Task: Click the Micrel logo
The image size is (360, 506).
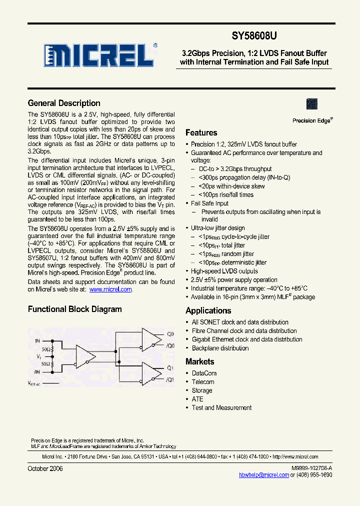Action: [98, 55]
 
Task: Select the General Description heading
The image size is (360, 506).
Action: [64, 103]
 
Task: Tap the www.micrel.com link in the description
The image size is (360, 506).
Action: [110, 289]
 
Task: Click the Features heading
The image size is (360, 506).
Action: [201, 133]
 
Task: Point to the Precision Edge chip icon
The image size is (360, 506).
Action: [312, 104]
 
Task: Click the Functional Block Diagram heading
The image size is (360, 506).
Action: [74, 309]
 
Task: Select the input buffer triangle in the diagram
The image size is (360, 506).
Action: [85, 355]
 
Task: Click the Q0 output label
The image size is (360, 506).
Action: [170, 334]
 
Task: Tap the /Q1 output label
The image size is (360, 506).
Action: [170, 380]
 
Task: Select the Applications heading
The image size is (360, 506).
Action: [208, 310]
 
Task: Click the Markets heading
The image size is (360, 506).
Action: [199, 361]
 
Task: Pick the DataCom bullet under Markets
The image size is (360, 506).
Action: [204, 373]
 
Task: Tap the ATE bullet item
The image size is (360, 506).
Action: [197, 399]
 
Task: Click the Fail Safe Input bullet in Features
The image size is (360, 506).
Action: [209, 203]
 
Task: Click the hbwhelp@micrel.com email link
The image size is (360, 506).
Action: [264, 475]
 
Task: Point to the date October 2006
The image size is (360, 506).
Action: [45, 469]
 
